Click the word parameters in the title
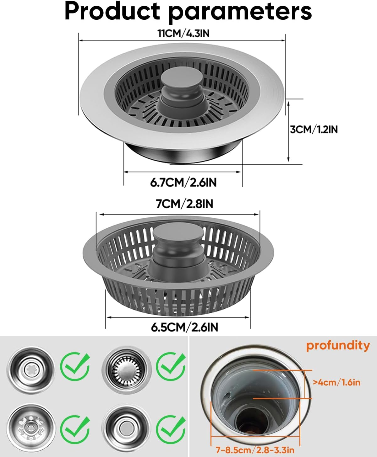240,13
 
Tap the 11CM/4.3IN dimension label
183,33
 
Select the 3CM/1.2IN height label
314,129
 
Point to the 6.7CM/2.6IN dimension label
183,182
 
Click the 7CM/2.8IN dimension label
184,204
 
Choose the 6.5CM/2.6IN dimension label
184,327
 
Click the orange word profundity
338,345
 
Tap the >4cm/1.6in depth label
337,382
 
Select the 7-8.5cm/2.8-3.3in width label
255,450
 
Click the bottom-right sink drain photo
127,428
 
